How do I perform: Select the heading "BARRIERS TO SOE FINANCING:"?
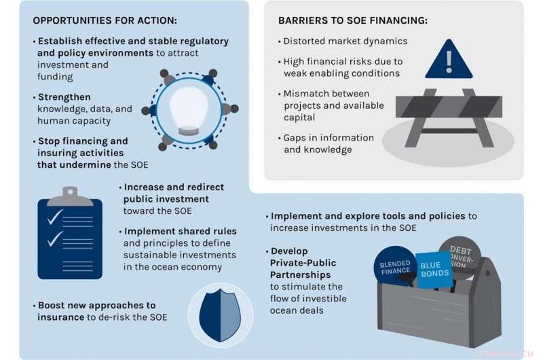coord(353,20)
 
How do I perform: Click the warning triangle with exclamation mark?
coord(448,60)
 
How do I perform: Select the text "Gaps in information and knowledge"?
coord(329,143)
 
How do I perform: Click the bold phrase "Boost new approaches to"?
coord(97,306)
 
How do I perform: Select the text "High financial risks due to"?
coord(343,61)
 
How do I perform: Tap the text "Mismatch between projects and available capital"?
coord(333,105)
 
